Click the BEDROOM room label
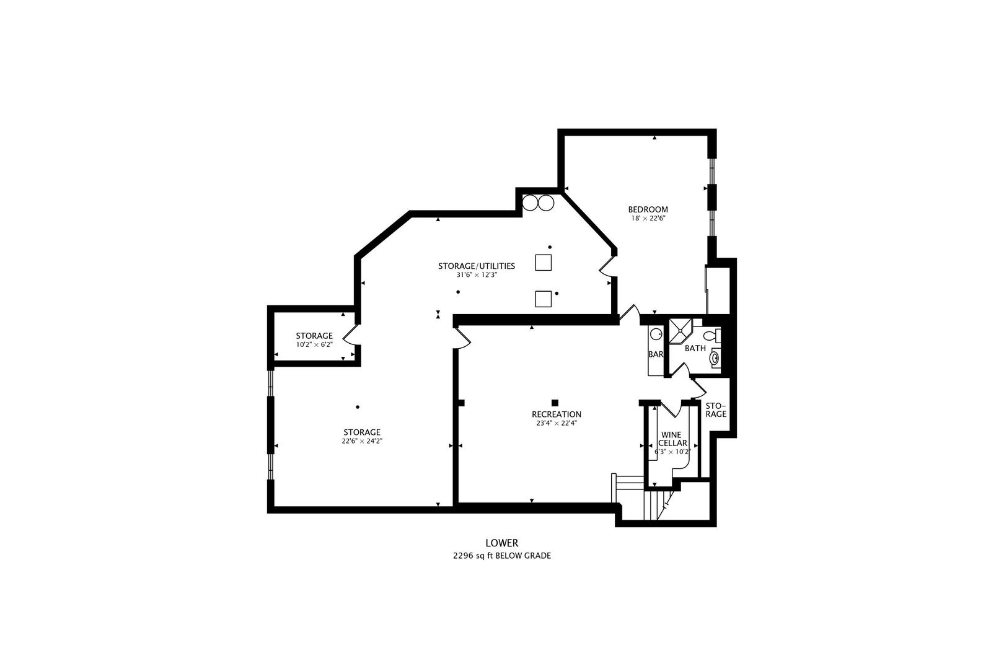pos(648,209)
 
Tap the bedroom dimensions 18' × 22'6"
pos(648,218)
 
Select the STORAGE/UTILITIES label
pos(477,266)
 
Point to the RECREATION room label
pos(557,414)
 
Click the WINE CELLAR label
pos(672,439)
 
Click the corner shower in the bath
pos(679,331)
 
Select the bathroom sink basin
pos(716,358)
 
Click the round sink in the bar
pos(656,334)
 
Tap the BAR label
pos(655,354)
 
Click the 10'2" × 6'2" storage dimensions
pos(314,344)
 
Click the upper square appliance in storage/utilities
pos(544,263)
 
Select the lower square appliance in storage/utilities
pos(544,299)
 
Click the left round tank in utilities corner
pos(530,202)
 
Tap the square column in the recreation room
pos(555,403)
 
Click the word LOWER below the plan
pos(501,543)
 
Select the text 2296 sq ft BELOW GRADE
pos(501,556)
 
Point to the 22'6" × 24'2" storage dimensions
pos(362,441)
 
